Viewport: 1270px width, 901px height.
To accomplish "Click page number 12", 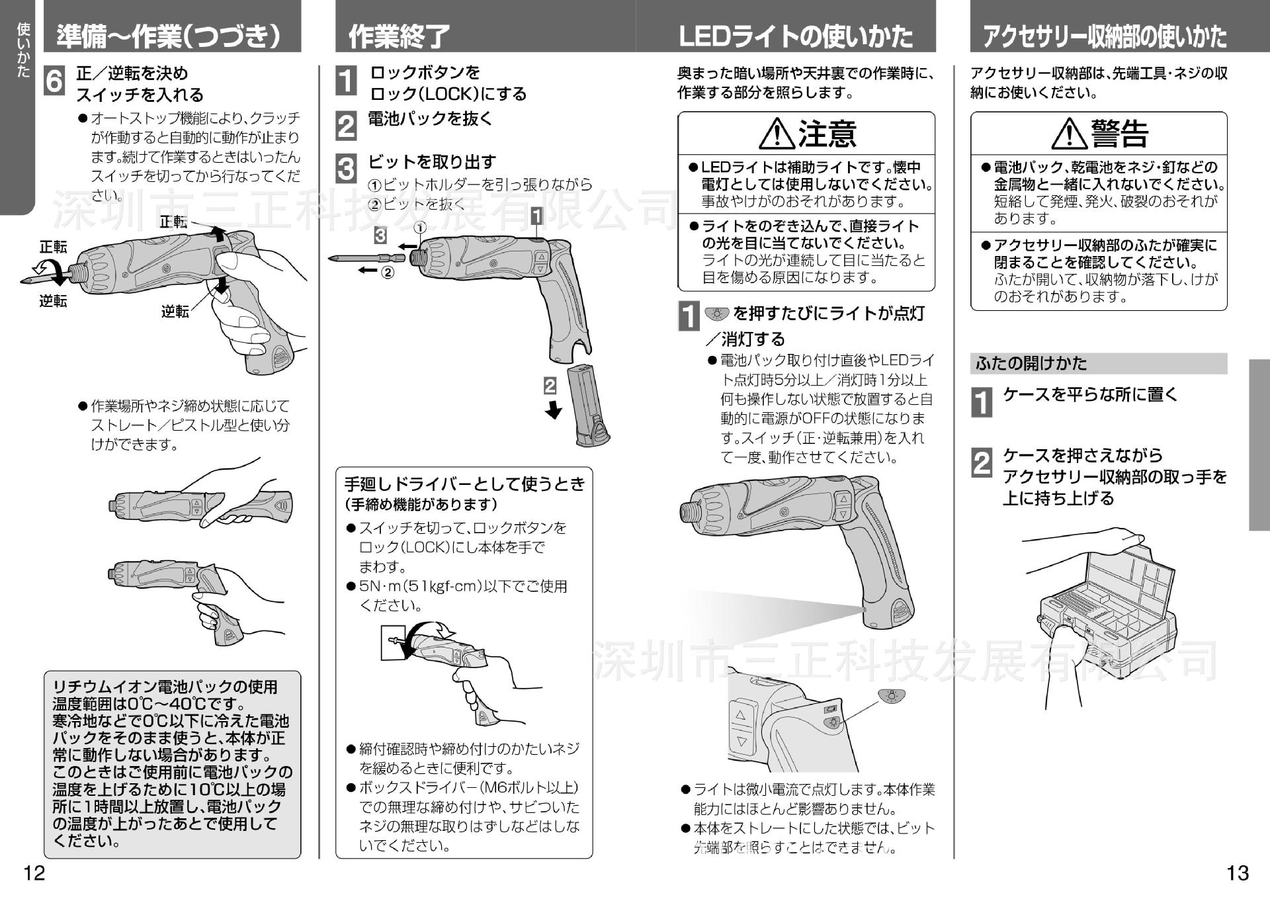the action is (34, 873).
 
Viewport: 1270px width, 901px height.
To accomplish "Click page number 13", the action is (1238, 873).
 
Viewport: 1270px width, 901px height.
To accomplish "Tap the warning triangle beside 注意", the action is (777, 133).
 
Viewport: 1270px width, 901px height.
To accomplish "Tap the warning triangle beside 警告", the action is (1070, 133).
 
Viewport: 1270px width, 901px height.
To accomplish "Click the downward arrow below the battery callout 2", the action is (553, 409).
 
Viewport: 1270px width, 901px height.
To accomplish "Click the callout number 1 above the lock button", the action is (536, 216).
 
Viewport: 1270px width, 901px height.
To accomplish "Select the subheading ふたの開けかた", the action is (1031, 363).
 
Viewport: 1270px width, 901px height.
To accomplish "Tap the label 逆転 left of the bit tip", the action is (53, 302).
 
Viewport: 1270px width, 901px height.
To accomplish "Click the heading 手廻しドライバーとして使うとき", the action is (465, 484).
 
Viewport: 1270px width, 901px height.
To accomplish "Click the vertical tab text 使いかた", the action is (23, 50).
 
